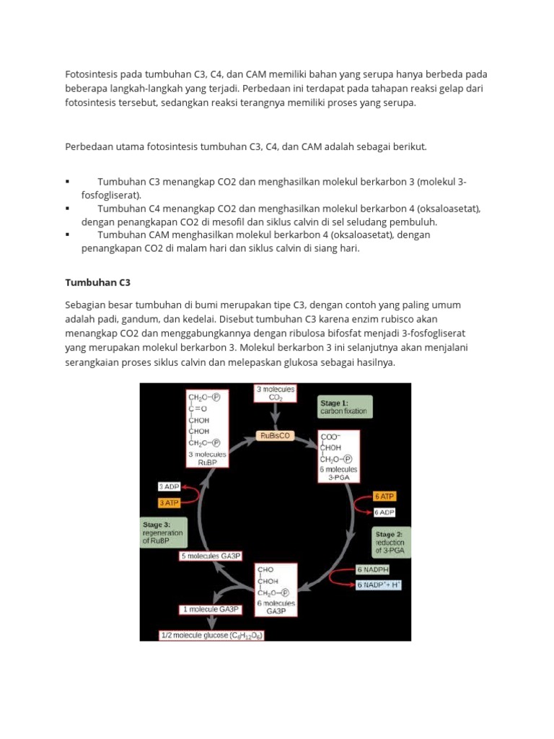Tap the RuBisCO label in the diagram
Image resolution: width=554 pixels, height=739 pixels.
pyautogui.click(x=275, y=436)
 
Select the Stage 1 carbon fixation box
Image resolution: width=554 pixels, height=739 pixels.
pyautogui.click(x=343, y=407)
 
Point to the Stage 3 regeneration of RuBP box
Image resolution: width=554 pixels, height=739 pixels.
pyautogui.click(x=163, y=533)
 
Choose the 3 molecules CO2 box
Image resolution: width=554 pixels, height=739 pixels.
pyautogui.click(x=276, y=393)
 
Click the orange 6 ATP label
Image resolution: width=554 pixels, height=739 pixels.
pyautogui.click(x=384, y=497)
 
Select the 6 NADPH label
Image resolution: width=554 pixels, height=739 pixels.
pyautogui.click(x=374, y=570)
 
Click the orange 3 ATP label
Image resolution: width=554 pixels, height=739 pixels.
pyautogui.click(x=169, y=502)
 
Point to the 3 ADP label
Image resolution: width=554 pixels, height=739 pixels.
pyautogui.click(x=169, y=487)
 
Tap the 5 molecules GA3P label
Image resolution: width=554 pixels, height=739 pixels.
pyautogui.click(x=209, y=556)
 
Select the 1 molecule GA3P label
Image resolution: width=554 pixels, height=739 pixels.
pyautogui.click(x=210, y=609)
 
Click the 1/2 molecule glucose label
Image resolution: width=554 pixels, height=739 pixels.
pyautogui.click(x=212, y=636)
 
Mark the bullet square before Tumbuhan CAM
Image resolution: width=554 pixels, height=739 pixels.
pyautogui.click(x=67, y=235)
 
